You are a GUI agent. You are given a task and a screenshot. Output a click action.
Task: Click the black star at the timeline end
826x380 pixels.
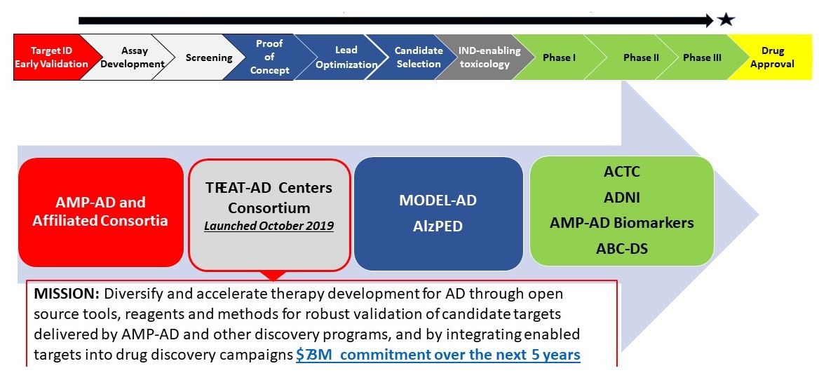pos(726,20)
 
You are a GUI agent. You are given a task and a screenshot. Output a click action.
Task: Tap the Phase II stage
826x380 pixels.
pos(640,57)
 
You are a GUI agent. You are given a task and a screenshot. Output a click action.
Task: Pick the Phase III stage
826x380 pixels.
pos(702,57)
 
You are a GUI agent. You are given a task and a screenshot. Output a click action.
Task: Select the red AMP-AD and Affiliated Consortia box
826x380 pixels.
pos(100,212)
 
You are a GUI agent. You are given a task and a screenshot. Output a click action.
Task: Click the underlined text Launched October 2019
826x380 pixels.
pos(269,226)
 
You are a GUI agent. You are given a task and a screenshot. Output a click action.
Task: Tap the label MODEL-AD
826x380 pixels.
pos(438,201)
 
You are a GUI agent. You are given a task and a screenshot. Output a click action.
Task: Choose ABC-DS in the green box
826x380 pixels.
pos(622,247)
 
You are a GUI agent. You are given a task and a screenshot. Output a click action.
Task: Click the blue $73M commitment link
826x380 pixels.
pos(438,355)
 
